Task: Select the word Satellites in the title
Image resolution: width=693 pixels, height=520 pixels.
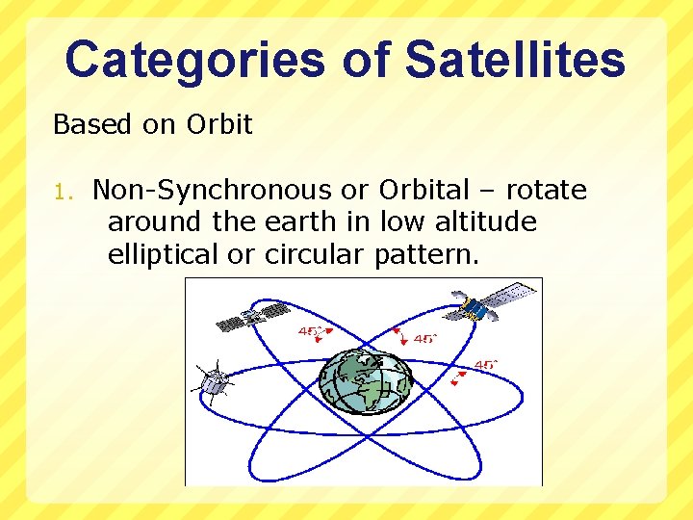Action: tap(515, 60)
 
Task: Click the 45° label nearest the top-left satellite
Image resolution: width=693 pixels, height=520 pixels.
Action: tap(310, 332)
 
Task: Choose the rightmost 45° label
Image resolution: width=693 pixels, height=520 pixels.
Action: tap(485, 365)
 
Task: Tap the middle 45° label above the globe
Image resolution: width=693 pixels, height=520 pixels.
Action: tap(424, 339)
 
